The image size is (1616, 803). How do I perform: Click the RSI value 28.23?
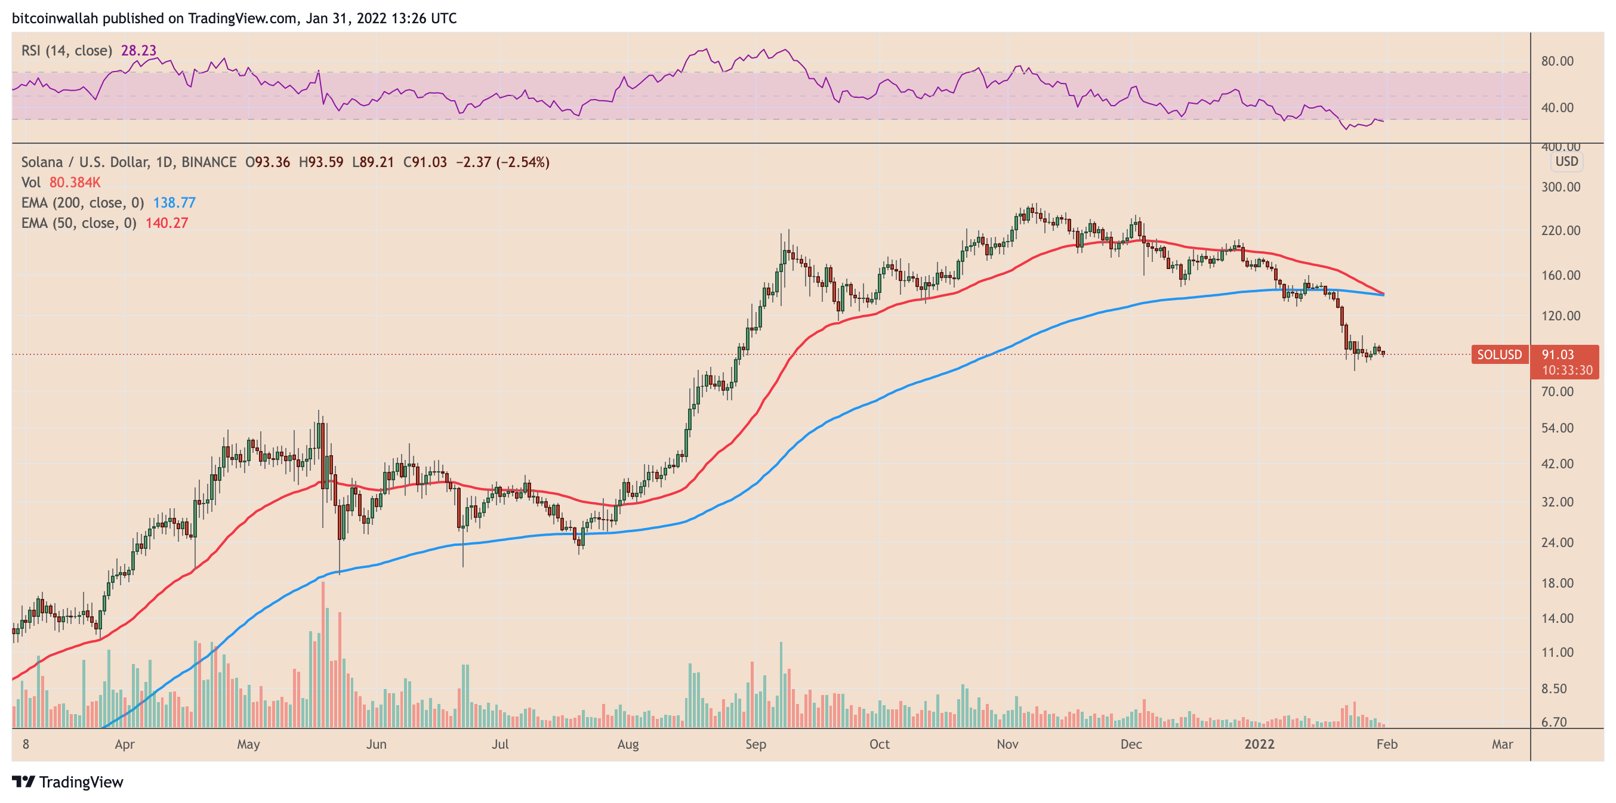138,50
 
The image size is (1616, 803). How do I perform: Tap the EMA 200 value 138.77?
174,203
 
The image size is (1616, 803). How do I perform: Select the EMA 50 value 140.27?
167,223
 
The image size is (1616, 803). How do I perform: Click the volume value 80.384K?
75,183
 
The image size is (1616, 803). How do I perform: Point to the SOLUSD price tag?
1499,354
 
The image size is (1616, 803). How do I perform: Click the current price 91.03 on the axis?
1558,354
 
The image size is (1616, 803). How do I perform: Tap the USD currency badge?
1566,161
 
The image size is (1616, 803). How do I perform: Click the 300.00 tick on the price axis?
1561,187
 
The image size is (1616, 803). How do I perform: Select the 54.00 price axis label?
1558,428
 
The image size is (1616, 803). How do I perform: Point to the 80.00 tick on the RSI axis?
1558,61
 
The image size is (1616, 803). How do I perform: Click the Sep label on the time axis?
755,744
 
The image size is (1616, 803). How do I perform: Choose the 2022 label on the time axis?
1259,744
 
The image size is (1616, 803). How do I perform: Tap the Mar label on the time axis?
1503,744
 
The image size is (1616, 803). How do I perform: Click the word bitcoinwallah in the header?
54,18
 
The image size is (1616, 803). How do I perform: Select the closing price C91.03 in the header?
425,162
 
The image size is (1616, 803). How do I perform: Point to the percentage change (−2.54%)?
523,162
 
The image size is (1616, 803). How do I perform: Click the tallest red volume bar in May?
323,653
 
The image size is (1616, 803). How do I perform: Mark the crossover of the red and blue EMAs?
1383,294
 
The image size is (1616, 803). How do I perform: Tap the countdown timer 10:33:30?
1567,370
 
